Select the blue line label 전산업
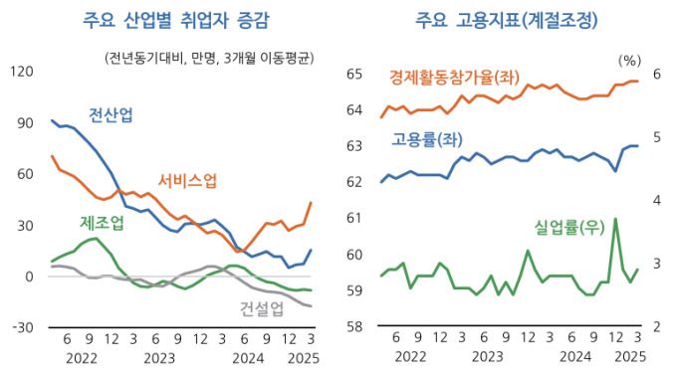(111, 114)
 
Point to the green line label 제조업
(102, 223)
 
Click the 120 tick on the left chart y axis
(21, 72)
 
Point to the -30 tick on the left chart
(21, 327)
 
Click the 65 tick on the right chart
(353, 74)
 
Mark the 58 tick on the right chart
(353, 327)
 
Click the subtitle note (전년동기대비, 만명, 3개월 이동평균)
(208, 57)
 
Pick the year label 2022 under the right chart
(411, 358)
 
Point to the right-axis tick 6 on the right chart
(656, 74)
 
